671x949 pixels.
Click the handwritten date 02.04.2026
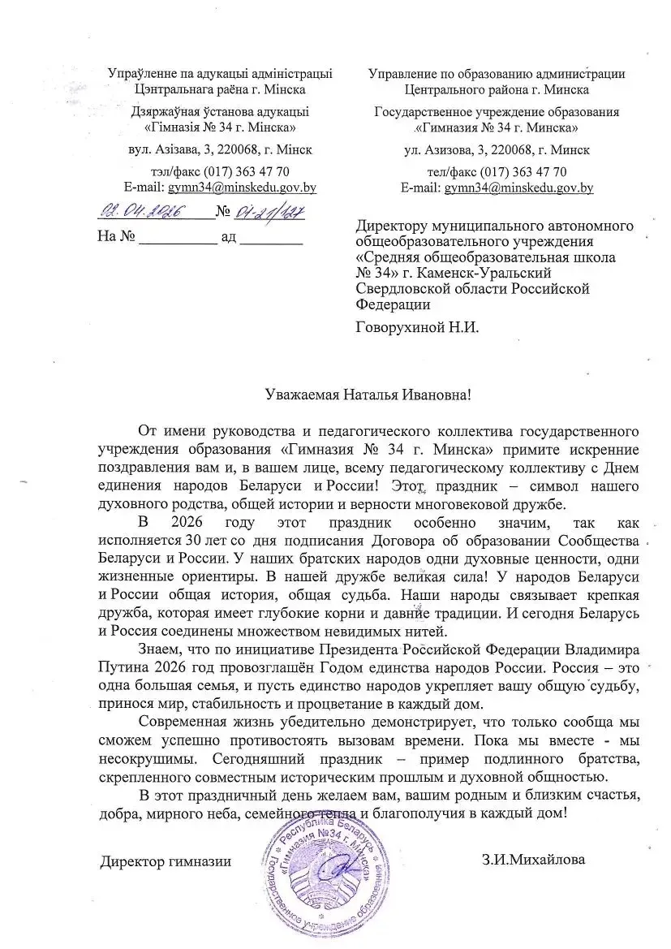point(143,213)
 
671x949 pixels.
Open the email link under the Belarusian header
point(242,188)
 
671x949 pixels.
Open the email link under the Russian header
point(518,188)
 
